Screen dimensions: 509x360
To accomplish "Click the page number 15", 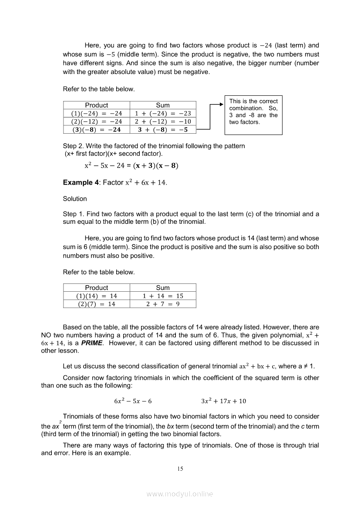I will pos(180,469).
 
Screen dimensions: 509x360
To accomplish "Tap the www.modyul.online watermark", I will pos(180,494).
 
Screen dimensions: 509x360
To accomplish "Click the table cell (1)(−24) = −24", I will pos(97,113).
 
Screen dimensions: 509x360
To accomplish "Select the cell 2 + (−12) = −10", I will pos(163,121).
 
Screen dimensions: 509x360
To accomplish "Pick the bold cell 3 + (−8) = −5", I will pos(163,130).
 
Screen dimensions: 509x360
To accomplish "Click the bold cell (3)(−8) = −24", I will pos(97,130).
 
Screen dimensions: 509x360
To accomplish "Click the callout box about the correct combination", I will pos(253,115).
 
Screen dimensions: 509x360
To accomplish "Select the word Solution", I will pos(75,199).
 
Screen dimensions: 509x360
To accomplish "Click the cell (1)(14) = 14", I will pos(97,296).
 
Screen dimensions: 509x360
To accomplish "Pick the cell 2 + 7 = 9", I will pos(163,304).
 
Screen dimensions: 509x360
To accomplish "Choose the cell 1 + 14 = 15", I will pos(163,296).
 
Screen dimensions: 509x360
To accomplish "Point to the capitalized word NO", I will pos(46,335).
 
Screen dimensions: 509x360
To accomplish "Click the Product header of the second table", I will pos(97,288).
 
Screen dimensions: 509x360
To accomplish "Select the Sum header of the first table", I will pos(163,105).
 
